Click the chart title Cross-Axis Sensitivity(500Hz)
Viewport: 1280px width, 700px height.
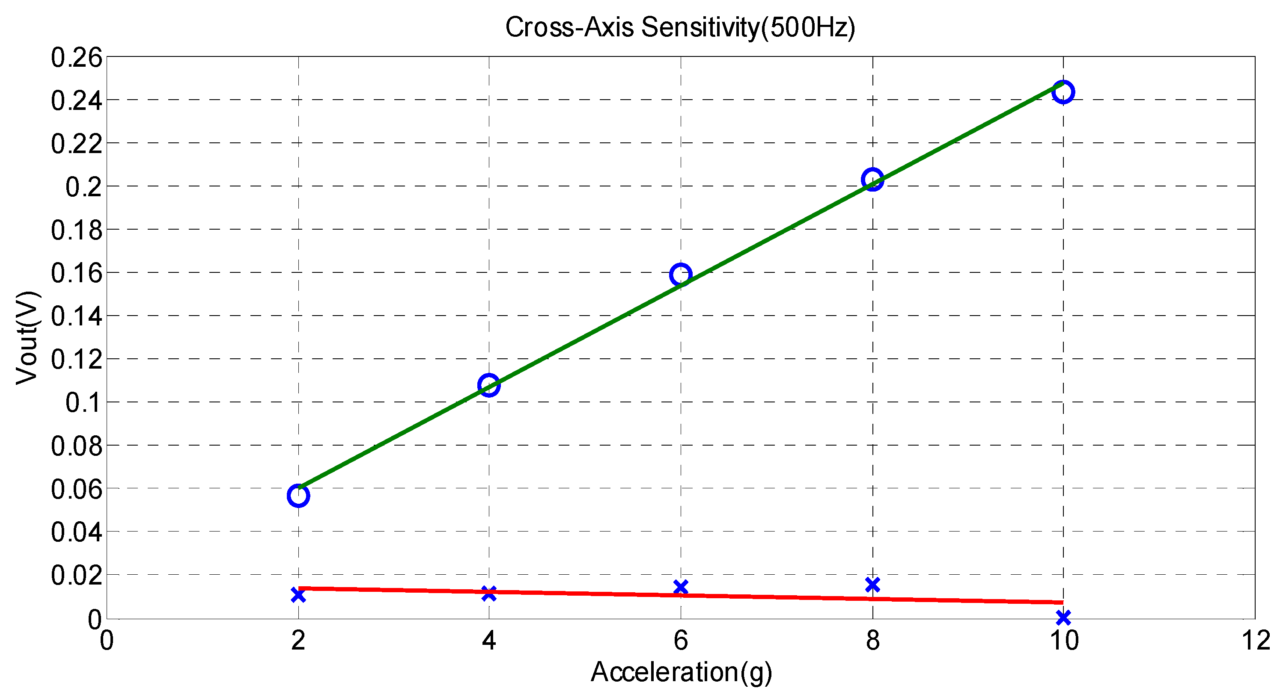(x=680, y=27)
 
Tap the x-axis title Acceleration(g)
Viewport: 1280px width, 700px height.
(x=681, y=672)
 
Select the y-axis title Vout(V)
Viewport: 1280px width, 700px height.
(x=27, y=337)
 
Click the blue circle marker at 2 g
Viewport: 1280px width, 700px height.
(x=298, y=496)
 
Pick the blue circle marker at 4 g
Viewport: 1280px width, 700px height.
(x=489, y=385)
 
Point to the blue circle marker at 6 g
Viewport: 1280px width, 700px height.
(x=680, y=274)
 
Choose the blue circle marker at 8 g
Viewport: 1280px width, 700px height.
(x=872, y=179)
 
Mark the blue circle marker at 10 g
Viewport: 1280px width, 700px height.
(x=1063, y=92)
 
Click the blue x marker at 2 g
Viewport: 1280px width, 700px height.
(x=298, y=595)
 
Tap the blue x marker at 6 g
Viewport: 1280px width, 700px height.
(x=680, y=587)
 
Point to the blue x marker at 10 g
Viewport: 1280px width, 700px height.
(x=1063, y=617)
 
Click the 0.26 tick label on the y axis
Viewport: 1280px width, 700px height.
(x=77, y=58)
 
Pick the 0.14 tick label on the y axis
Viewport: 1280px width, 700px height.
(x=77, y=316)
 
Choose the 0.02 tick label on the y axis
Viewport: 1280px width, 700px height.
(x=77, y=576)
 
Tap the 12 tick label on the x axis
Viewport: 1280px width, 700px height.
(x=1256, y=641)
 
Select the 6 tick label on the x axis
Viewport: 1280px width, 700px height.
(x=680, y=641)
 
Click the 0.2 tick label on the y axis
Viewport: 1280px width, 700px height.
(x=83, y=187)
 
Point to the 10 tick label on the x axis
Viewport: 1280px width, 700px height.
(x=1063, y=641)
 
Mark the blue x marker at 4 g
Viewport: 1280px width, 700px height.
(x=489, y=593)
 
